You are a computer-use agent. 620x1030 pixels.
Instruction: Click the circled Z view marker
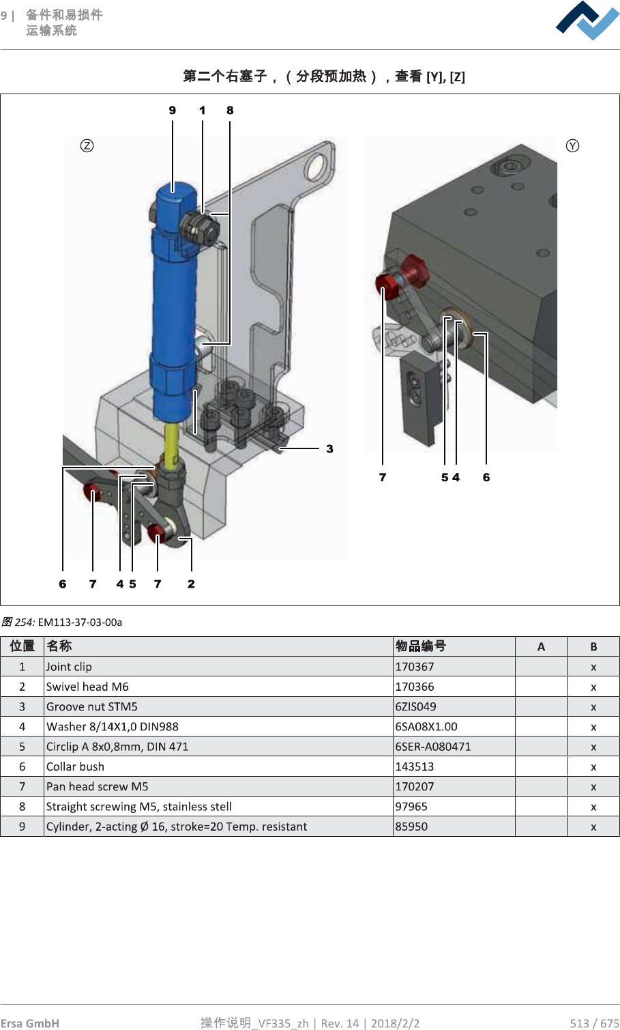click(x=87, y=145)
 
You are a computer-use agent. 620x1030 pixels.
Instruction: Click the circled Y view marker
click(x=572, y=145)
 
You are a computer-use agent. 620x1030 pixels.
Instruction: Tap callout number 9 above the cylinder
click(x=173, y=110)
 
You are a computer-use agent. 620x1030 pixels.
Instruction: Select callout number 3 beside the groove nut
click(x=329, y=448)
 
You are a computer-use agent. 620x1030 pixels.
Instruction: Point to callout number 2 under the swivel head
click(x=191, y=584)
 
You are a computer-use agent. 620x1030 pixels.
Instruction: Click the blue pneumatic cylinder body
click(x=174, y=307)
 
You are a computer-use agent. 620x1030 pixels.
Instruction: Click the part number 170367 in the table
click(x=415, y=667)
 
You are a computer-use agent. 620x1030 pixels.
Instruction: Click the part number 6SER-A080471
click(x=433, y=746)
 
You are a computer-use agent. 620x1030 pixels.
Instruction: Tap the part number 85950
click(x=412, y=827)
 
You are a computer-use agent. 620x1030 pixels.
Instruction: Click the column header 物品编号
click(x=421, y=646)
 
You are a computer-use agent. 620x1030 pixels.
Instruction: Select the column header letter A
click(x=541, y=646)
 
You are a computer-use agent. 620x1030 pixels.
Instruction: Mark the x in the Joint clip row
click(x=593, y=667)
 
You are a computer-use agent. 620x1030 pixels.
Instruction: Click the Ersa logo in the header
click(x=587, y=20)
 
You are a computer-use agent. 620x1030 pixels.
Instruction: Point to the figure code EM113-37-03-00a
click(x=80, y=622)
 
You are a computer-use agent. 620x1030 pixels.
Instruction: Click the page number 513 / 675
click(x=594, y=1022)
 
